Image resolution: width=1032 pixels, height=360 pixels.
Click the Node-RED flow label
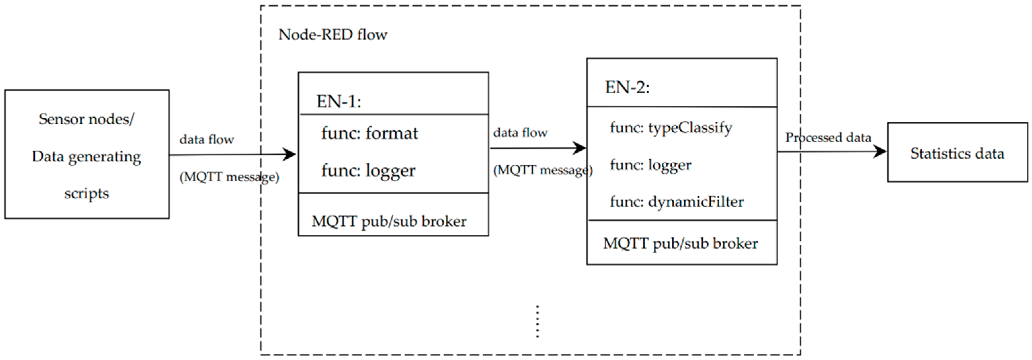333,35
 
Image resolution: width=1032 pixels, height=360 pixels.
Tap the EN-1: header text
338,101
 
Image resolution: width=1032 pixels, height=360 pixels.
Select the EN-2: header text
627,87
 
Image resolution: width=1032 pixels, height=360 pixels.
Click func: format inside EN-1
369,133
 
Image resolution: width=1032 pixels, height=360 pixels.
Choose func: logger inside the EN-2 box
650,165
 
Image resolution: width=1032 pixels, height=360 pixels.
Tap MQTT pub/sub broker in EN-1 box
389,221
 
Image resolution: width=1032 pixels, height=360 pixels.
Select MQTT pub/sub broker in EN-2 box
680,243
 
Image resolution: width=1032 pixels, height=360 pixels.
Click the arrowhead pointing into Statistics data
880,151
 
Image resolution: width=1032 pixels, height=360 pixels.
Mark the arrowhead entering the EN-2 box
579,148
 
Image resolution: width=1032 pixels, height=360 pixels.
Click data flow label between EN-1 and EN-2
520,133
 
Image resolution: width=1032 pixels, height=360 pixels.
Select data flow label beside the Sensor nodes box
206,140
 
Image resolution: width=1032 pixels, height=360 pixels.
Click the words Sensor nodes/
87,119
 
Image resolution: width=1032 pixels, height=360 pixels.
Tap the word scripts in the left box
87,194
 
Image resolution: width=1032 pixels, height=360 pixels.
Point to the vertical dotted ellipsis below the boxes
537,322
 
